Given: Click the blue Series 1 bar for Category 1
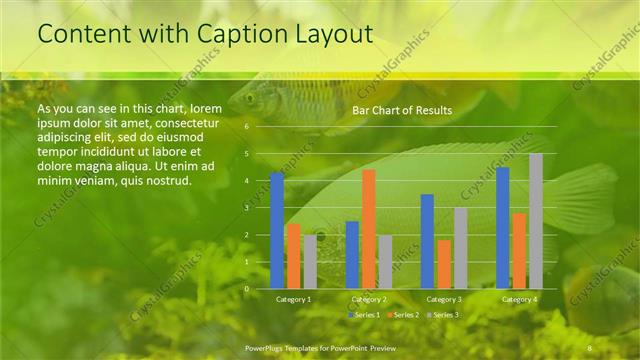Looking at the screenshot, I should tap(277, 230).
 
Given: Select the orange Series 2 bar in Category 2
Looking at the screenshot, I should tap(369, 229).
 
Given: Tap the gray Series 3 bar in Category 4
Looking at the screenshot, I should tap(536, 221).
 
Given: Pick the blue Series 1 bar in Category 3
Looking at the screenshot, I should tap(427, 241).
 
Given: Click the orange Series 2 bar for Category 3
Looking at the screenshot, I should tap(444, 264).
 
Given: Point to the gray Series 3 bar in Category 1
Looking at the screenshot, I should tap(310, 261).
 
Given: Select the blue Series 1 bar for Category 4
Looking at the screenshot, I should tap(503, 228).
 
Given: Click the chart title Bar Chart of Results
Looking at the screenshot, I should tap(402, 110).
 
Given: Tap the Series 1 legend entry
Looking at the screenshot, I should tap(363, 315).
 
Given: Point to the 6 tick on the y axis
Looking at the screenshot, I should tap(246, 127).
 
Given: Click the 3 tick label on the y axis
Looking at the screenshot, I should tap(246, 208).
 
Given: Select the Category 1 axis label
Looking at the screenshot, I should tap(293, 299).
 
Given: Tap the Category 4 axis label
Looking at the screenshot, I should tap(519, 299).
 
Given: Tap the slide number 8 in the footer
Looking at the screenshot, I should tap(589, 347).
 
